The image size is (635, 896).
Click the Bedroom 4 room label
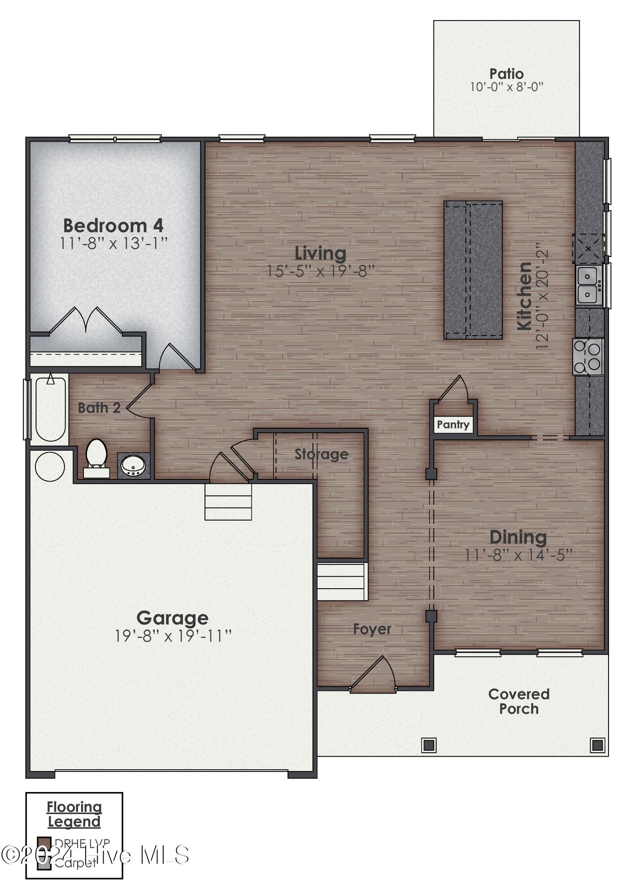pyautogui.click(x=113, y=225)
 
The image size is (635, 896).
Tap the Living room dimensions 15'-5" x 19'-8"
pyautogui.click(x=321, y=271)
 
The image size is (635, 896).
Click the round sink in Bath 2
pyautogui.click(x=133, y=466)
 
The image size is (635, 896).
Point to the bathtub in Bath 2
pyautogui.click(x=50, y=409)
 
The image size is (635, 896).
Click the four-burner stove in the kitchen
pyautogui.click(x=588, y=357)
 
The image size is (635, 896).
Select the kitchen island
pyautogui.click(x=473, y=270)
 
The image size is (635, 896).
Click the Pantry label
pyautogui.click(x=453, y=424)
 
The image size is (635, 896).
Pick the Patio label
pyautogui.click(x=506, y=73)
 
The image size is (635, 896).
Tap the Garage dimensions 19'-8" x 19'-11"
pyautogui.click(x=173, y=636)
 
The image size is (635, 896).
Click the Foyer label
pyautogui.click(x=372, y=629)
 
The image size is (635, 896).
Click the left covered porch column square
pyautogui.click(x=429, y=745)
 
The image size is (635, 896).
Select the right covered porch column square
pyautogui.click(x=597, y=745)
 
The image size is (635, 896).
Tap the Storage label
pyautogui.click(x=321, y=454)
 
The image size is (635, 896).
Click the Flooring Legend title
pyautogui.click(x=74, y=814)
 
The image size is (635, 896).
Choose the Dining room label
pyautogui.click(x=518, y=537)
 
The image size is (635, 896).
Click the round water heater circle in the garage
pyautogui.click(x=50, y=466)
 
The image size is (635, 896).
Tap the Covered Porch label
pyautogui.click(x=519, y=701)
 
